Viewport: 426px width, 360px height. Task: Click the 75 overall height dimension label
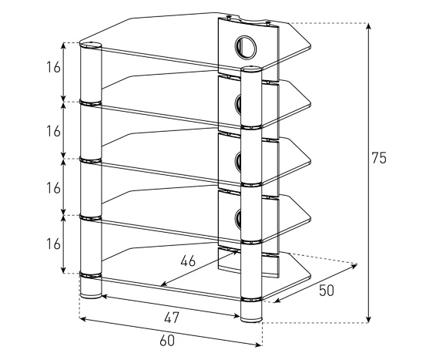tap(379, 158)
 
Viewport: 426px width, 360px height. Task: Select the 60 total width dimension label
tap(167, 341)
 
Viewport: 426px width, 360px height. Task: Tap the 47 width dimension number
tap(172, 318)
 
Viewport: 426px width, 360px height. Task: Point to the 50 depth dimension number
tap(326, 291)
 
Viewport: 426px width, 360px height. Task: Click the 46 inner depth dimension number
tap(188, 261)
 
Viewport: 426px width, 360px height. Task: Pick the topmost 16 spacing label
tap(53, 67)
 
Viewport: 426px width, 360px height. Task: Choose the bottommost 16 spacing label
tap(53, 244)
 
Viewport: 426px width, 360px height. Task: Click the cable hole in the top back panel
tap(246, 47)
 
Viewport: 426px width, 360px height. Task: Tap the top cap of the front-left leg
tap(91, 45)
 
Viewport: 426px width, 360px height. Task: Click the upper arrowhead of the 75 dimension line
tap(368, 26)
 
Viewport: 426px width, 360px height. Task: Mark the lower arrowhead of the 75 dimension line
tap(368, 320)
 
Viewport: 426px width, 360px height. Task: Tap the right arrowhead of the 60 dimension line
tap(258, 345)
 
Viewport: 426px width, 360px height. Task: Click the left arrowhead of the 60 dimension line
tap(83, 319)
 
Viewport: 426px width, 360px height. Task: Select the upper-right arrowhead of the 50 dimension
tap(354, 266)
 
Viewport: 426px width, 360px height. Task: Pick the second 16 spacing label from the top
tap(53, 131)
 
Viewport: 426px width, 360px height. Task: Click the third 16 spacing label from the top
tap(53, 188)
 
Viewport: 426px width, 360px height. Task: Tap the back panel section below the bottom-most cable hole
tap(248, 262)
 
